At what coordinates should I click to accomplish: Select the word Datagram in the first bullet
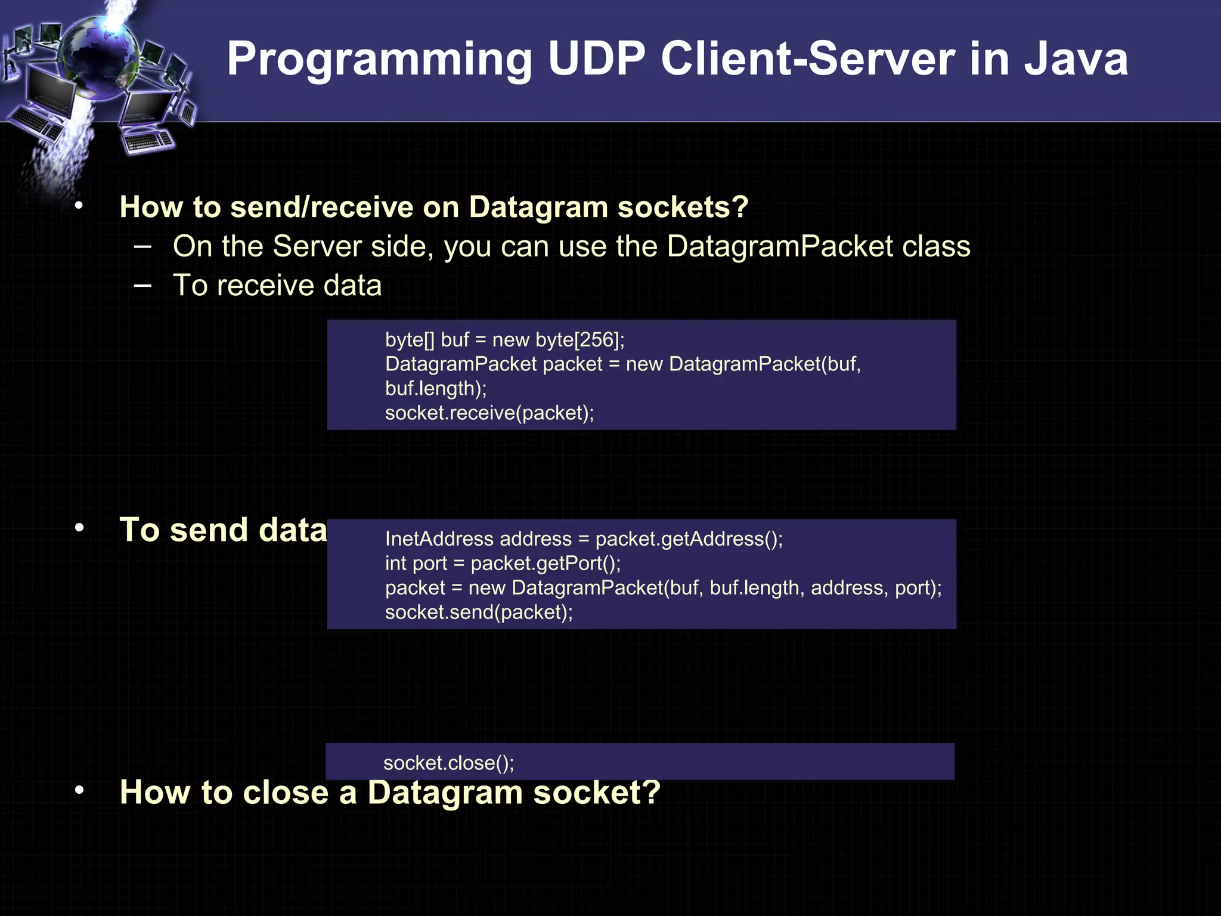coord(537,207)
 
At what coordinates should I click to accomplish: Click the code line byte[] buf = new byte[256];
coord(504,339)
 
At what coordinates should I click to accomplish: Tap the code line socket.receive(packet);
coord(489,413)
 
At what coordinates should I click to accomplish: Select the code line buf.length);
coord(436,388)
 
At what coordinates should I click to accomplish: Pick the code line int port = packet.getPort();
coord(503,563)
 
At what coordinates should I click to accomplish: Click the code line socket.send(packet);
coord(479,612)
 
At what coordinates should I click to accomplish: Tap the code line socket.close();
coord(448,763)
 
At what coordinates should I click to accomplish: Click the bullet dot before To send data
coord(79,528)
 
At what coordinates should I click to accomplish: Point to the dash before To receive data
coord(143,285)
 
